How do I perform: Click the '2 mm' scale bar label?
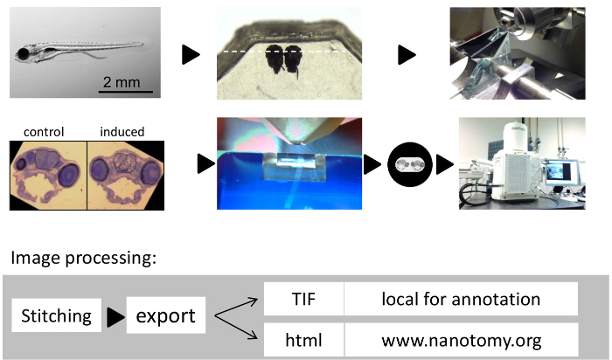pyautogui.click(x=122, y=82)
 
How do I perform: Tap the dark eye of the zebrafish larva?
pyautogui.click(x=23, y=52)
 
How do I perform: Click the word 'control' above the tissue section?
pyautogui.click(x=44, y=132)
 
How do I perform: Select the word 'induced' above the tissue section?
pyautogui.click(x=122, y=132)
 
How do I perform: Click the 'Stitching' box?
pyautogui.click(x=56, y=315)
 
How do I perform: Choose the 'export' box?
pyautogui.click(x=166, y=315)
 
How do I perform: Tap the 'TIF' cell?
pyautogui.click(x=303, y=299)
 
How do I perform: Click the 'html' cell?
pyautogui.click(x=303, y=340)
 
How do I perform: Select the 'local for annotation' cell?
pyautogui.click(x=461, y=299)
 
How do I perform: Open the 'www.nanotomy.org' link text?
pyautogui.click(x=462, y=340)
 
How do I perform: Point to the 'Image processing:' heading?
pyautogui.click(x=84, y=258)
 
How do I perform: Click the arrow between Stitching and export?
pyautogui.click(x=116, y=317)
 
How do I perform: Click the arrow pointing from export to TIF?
pyautogui.click(x=236, y=308)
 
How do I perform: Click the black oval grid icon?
pyautogui.click(x=410, y=164)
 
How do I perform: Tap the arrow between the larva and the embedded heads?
pyautogui.click(x=191, y=54)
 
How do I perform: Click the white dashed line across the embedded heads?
pyautogui.click(x=285, y=51)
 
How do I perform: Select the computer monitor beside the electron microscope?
pyautogui.click(x=561, y=171)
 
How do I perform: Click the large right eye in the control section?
pyautogui.click(x=69, y=175)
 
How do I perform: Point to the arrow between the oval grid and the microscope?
pyautogui.click(x=444, y=164)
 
